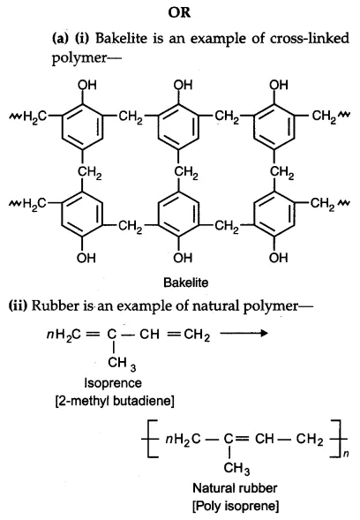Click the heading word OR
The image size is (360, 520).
[179, 12]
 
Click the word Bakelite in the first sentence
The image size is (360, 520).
[121, 38]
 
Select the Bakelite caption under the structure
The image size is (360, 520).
[186, 283]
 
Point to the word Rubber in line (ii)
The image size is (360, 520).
[56, 305]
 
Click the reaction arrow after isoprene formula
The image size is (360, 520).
[244, 333]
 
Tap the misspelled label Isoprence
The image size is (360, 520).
[113, 383]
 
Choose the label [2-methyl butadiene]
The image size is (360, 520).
[115, 401]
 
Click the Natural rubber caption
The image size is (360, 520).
[235, 488]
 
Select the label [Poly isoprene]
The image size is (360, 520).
[236, 506]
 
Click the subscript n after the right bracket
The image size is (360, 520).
[345, 453]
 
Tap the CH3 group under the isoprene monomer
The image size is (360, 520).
[122, 363]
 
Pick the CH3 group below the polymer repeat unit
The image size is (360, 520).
[236, 468]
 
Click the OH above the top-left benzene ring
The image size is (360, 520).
[86, 85]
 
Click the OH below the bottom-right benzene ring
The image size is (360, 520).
[278, 258]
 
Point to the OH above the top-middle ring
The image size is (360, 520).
[183, 85]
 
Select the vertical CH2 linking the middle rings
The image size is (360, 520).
[186, 172]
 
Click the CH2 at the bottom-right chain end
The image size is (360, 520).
[323, 204]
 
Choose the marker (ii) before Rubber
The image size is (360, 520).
[18, 305]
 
